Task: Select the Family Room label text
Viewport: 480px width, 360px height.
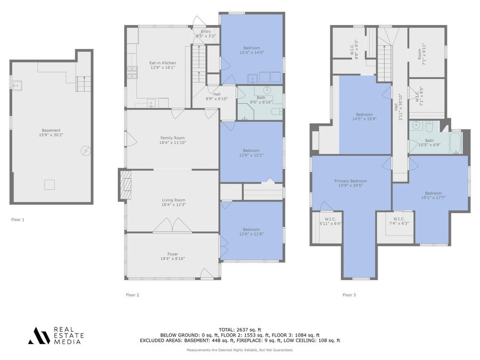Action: [172, 140]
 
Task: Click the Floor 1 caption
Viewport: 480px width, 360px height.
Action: [18, 219]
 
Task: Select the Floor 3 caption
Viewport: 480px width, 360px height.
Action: [349, 294]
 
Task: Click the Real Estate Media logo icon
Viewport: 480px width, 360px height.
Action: [38, 335]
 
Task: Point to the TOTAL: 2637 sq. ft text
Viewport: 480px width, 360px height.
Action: [239, 330]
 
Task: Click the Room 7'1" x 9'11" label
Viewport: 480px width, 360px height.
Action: [423, 51]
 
